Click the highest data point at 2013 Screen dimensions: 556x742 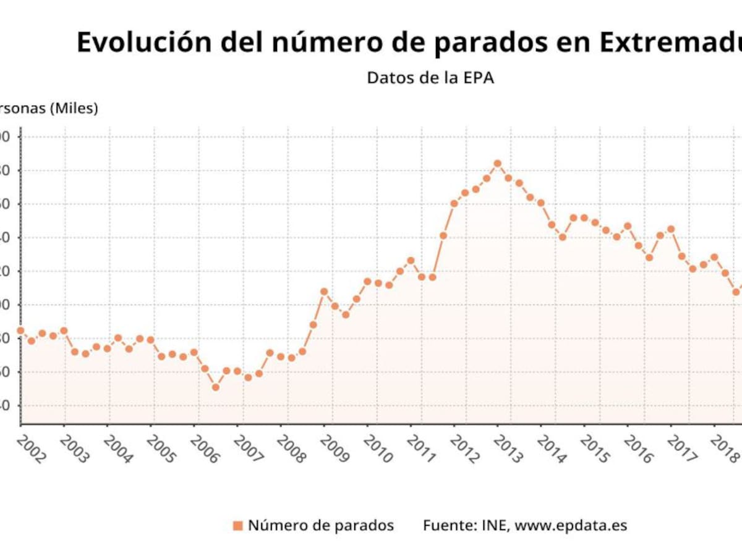point(497,164)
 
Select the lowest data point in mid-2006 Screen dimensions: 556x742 point(215,387)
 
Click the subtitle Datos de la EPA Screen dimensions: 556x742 point(430,78)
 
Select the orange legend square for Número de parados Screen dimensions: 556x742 point(238,526)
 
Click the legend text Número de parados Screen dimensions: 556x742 point(321,526)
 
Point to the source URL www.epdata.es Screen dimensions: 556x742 point(571,526)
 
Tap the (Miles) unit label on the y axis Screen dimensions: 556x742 point(74,108)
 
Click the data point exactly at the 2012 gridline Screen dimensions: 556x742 point(454,203)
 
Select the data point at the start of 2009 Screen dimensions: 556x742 point(324,291)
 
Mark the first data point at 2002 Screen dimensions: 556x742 point(20,331)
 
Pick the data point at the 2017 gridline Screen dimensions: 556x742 point(671,229)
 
